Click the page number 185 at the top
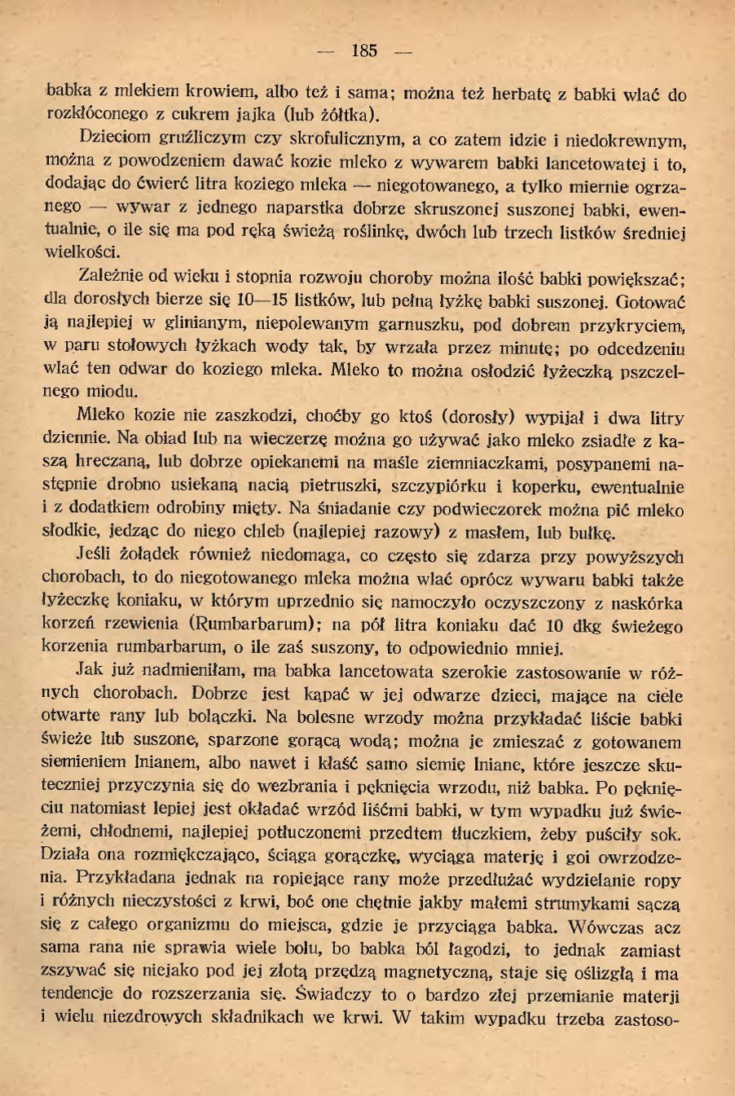pyautogui.click(x=364, y=51)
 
